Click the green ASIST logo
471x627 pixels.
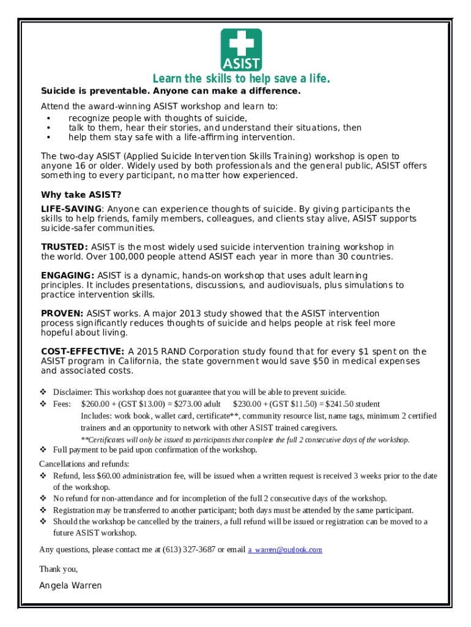[241, 50]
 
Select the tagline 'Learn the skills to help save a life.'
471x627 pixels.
[241, 79]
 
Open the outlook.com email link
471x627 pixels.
[285, 550]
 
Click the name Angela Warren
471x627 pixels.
[70, 585]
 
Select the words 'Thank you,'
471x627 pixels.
[58, 569]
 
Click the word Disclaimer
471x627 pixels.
[73, 392]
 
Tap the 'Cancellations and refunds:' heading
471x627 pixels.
[84, 464]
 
